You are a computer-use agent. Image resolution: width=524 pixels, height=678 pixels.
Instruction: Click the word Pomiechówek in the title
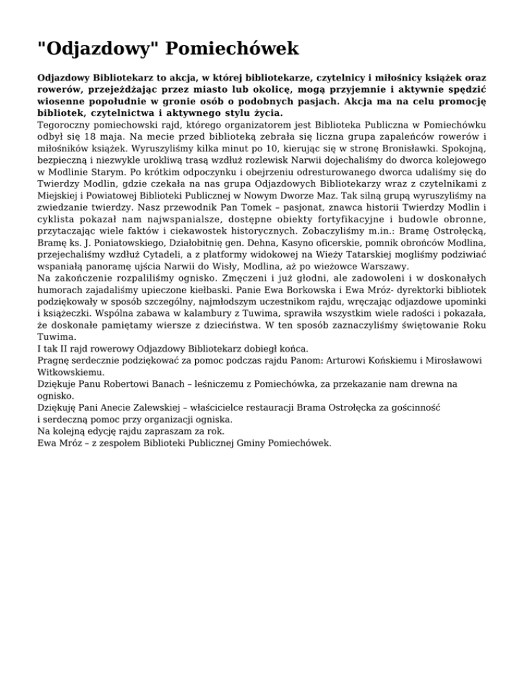coord(233,49)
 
